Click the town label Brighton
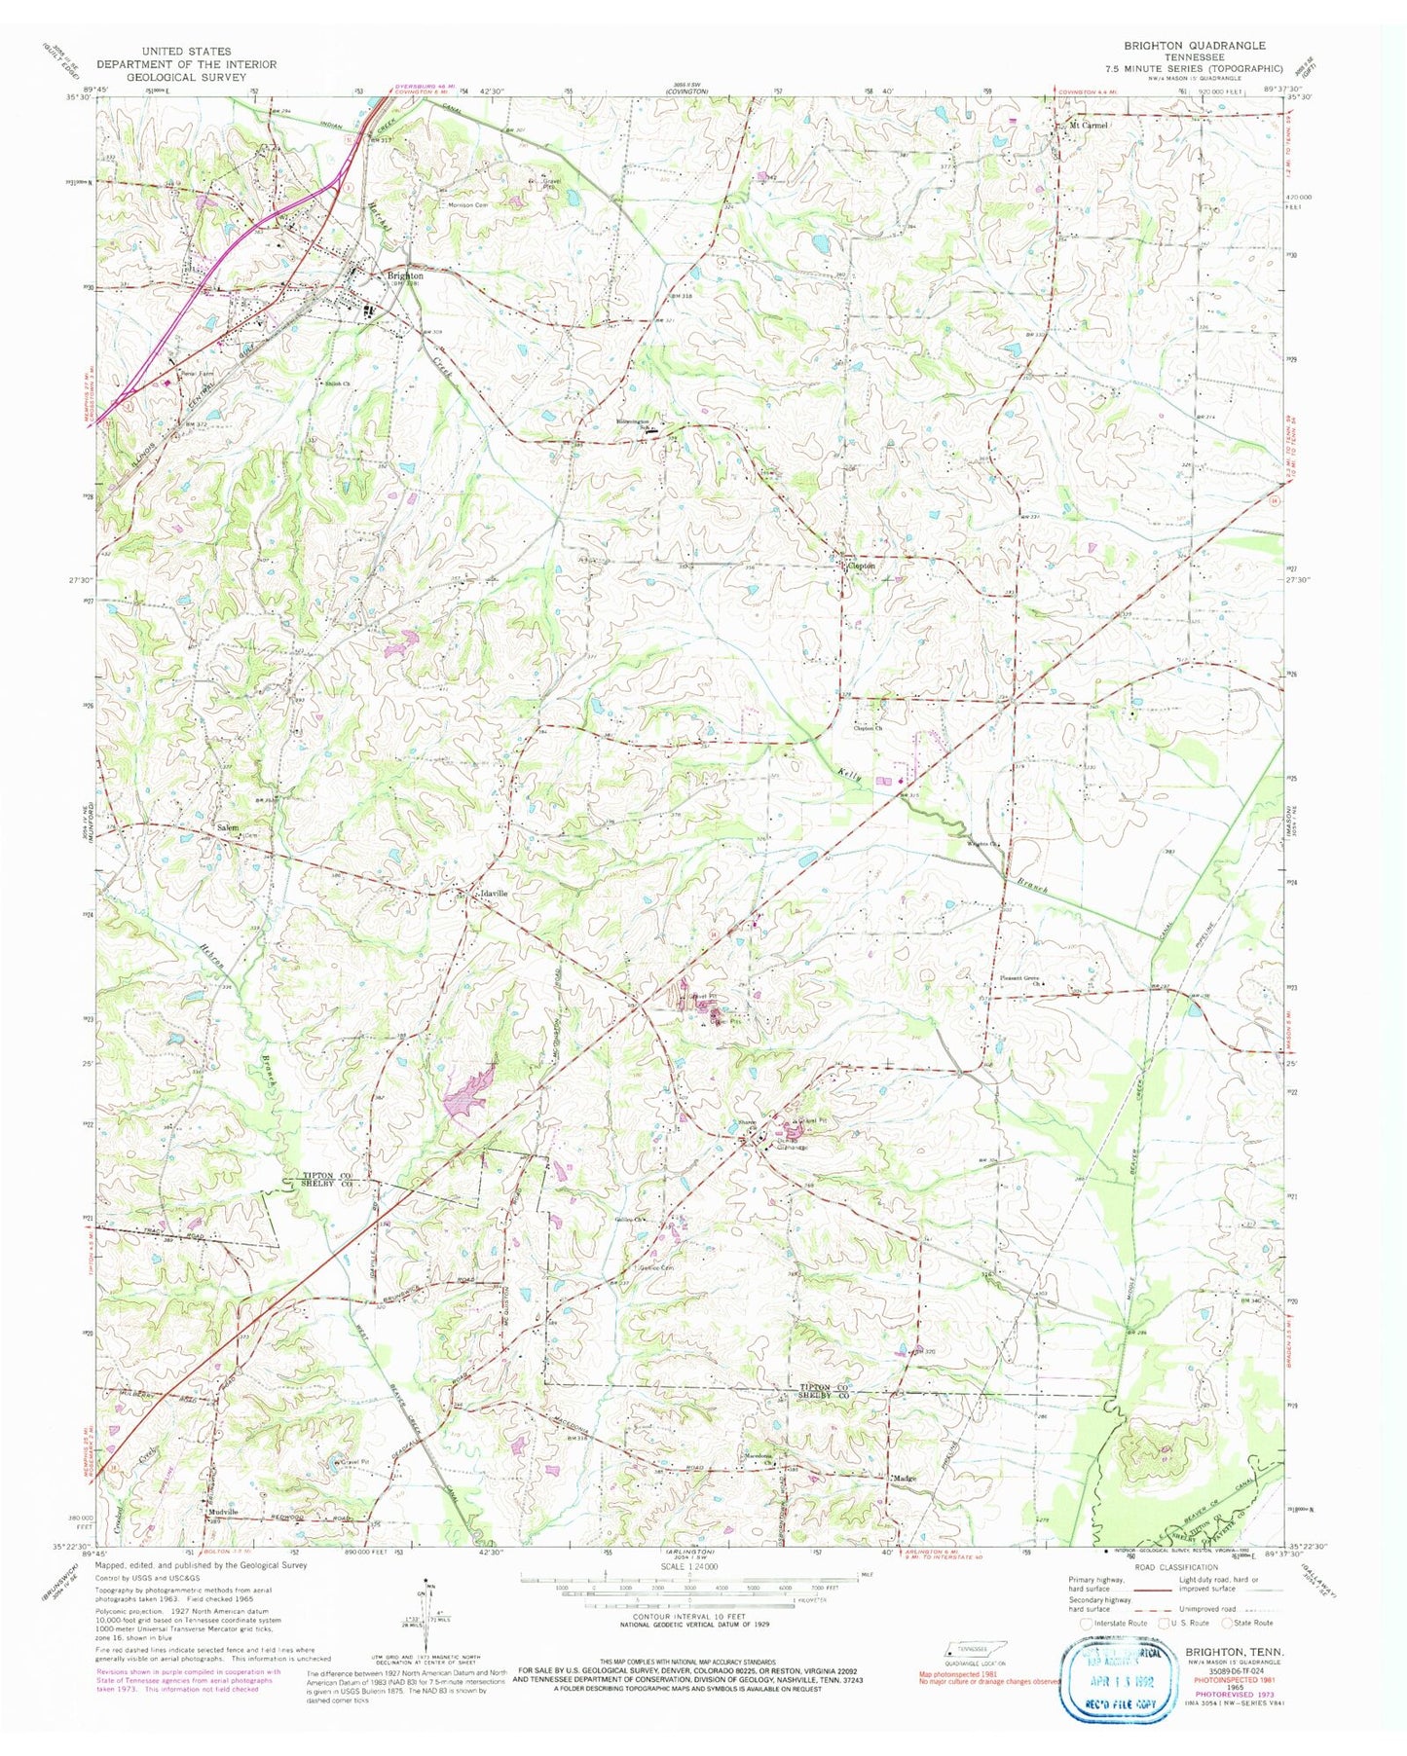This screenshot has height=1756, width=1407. [x=404, y=275]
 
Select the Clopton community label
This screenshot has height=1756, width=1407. [x=861, y=566]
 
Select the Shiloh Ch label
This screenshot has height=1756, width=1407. [x=337, y=384]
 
